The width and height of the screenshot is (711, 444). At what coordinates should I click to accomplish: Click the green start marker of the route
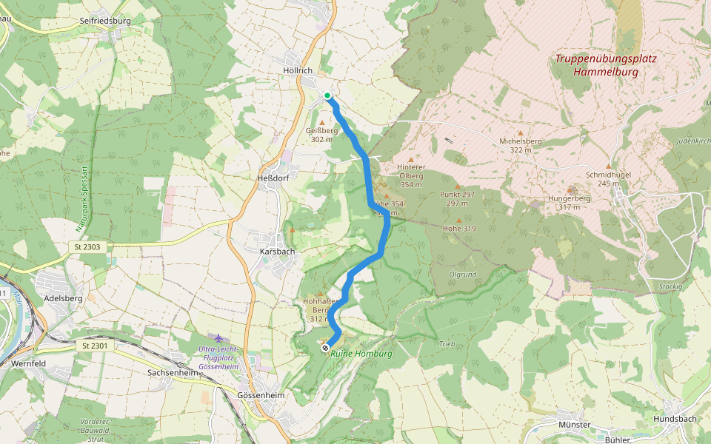coord(327,95)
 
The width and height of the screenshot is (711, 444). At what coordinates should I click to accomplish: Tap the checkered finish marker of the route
coord(325,347)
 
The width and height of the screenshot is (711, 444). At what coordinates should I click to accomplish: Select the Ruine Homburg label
coord(361,354)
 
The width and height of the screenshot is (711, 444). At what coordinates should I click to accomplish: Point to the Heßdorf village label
coord(271,178)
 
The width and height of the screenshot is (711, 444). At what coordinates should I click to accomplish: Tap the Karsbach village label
coord(278,251)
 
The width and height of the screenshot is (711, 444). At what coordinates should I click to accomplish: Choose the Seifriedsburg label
coord(104,21)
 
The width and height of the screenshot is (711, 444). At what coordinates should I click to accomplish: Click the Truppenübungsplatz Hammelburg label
coord(606,65)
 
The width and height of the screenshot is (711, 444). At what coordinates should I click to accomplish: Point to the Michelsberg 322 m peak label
coord(521,145)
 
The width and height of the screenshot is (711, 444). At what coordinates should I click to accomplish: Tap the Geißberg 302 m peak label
coord(321,135)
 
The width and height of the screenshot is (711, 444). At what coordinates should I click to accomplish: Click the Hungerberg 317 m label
coord(568,203)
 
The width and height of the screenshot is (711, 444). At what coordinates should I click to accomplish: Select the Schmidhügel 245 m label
coord(607,178)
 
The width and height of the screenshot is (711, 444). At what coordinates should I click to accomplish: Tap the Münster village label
coord(575,425)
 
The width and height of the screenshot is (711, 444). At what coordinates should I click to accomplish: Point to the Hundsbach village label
coord(675,419)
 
